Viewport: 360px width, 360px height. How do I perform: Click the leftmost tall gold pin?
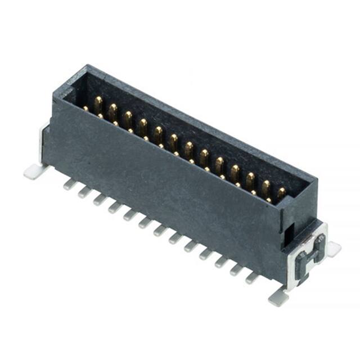click(x=98, y=103)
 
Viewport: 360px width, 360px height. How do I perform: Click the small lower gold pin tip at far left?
click(x=85, y=108)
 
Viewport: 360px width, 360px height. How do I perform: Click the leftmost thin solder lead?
click(x=69, y=183)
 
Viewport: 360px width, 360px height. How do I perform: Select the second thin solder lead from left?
click(x=84, y=191)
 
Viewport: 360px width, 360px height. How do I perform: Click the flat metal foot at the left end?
click(x=34, y=171)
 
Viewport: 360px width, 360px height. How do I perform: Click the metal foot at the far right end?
click(x=334, y=248)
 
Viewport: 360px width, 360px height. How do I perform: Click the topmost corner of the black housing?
click(x=84, y=66)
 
